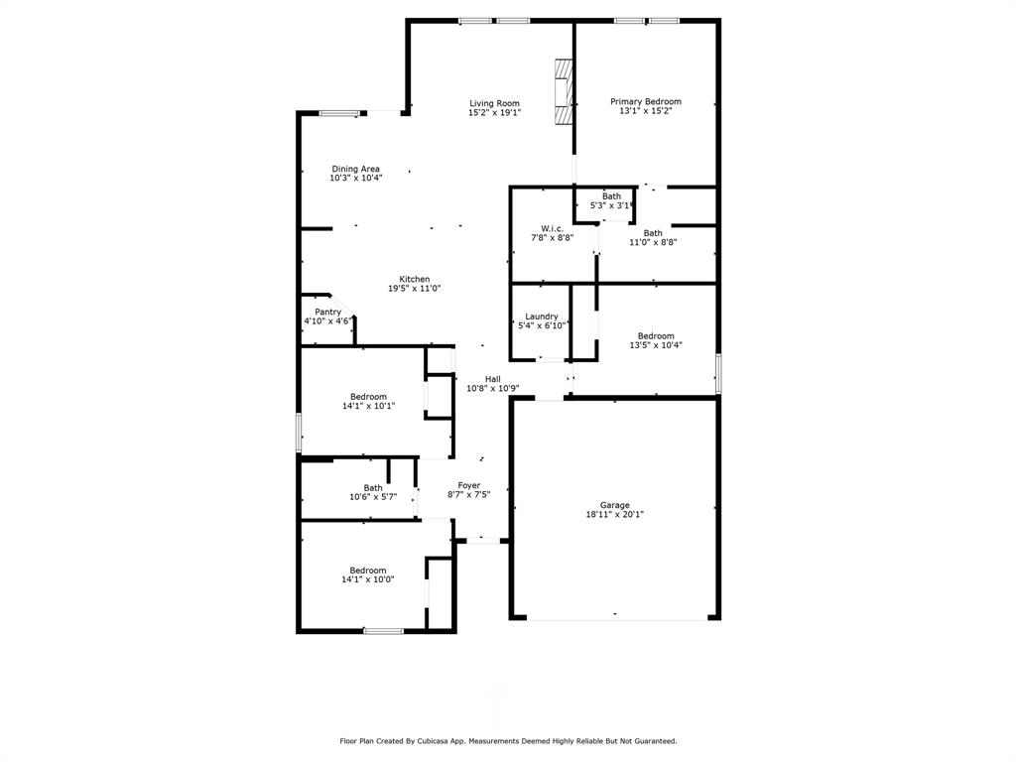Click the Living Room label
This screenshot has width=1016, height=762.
click(x=494, y=103)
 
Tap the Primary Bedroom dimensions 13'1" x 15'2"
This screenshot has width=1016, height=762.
click(x=645, y=112)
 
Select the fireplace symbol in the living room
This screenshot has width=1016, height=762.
click(x=564, y=91)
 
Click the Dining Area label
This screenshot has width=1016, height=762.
click(x=355, y=169)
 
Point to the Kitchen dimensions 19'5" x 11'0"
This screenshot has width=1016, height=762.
click(x=414, y=289)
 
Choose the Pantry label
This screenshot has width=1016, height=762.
click(x=327, y=313)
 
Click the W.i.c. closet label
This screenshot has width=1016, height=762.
click(x=553, y=228)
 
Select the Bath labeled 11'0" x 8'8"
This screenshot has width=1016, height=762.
click(x=652, y=233)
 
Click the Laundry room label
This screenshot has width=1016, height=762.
click(x=542, y=317)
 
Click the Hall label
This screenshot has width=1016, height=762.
click(x=492, y=379)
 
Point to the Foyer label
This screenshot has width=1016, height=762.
click(x=468, y=485)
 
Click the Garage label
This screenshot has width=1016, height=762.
click(x=614, y=505)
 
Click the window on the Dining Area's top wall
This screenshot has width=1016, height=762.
click(x=338, y=113)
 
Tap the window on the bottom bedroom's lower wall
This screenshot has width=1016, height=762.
click(x=383, y=631)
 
